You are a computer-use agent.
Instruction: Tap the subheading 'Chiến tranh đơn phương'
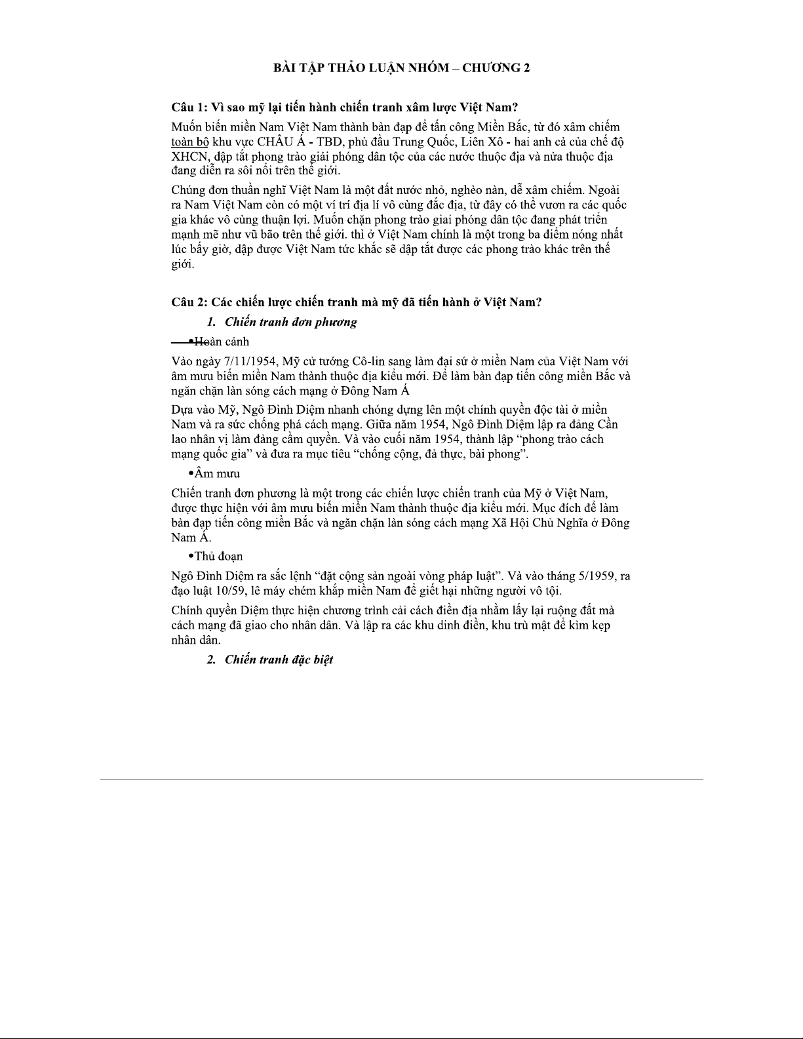(x=290, y=322)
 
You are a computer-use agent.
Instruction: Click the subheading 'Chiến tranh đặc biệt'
(x=279, y=659)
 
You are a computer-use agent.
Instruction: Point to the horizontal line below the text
(x=401, y=779)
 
